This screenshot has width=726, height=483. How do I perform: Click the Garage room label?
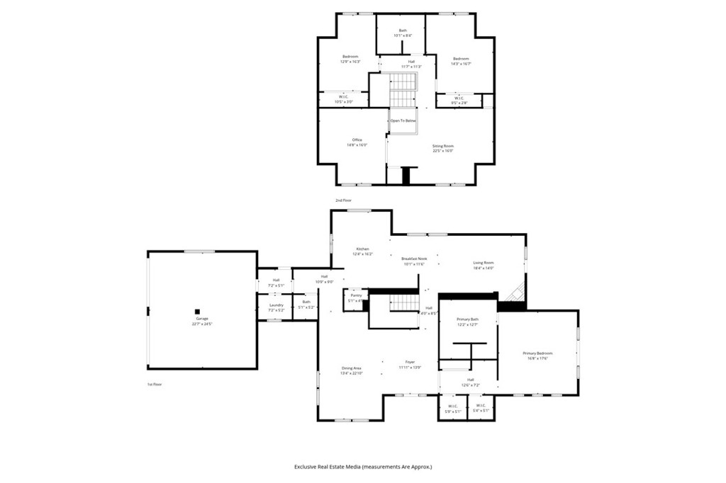202,319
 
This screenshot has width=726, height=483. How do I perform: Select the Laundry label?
276,305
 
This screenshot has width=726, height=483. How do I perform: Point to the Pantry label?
356,295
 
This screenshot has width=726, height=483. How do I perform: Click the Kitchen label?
363,249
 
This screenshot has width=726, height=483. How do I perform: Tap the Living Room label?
483,263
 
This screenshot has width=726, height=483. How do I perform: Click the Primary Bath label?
467,319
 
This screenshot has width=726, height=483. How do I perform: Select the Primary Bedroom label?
537,353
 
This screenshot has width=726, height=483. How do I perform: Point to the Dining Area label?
352,369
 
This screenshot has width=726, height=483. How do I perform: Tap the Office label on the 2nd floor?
357,140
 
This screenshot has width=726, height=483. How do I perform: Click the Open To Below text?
403,121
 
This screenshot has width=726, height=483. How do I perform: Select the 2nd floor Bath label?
403,30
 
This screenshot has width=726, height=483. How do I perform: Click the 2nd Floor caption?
343,200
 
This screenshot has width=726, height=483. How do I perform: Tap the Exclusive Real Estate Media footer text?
363,467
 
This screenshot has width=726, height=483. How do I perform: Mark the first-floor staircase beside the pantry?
406,303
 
